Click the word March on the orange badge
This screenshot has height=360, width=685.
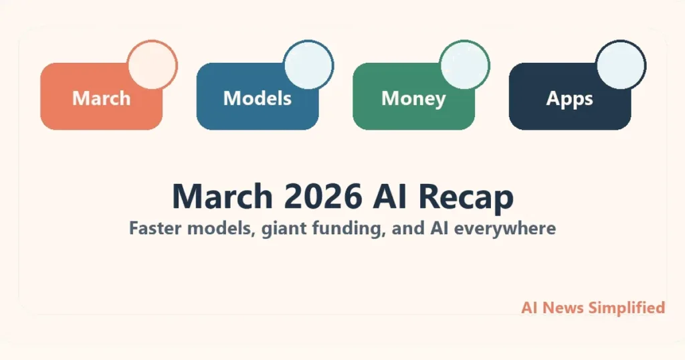[101, 98]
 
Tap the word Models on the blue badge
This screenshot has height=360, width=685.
[257, 98]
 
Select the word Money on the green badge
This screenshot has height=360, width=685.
[413, 98]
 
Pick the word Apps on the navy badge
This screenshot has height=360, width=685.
[569, 98]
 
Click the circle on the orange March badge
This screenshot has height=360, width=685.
[153, 65]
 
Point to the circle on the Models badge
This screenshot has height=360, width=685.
[308, 65]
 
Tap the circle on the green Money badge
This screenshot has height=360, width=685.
[465, 65]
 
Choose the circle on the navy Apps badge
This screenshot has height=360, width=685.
[621, 65]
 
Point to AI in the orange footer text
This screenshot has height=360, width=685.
[529, 308]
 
